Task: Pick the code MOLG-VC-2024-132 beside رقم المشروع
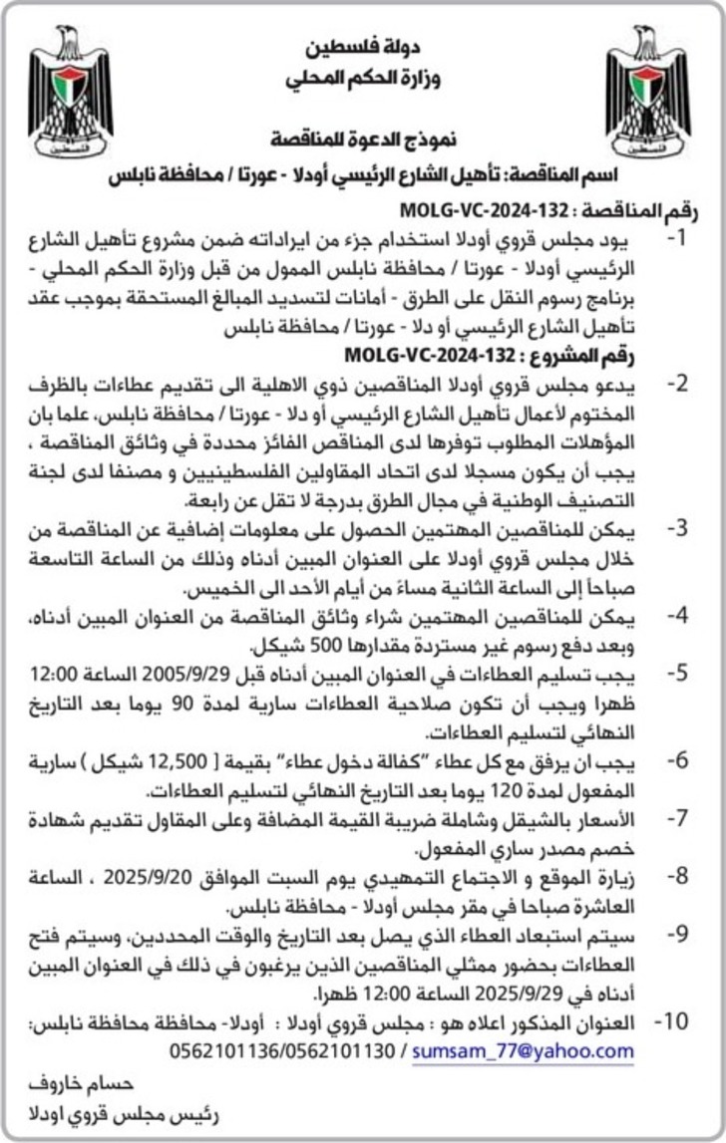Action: (x=421, y=355)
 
